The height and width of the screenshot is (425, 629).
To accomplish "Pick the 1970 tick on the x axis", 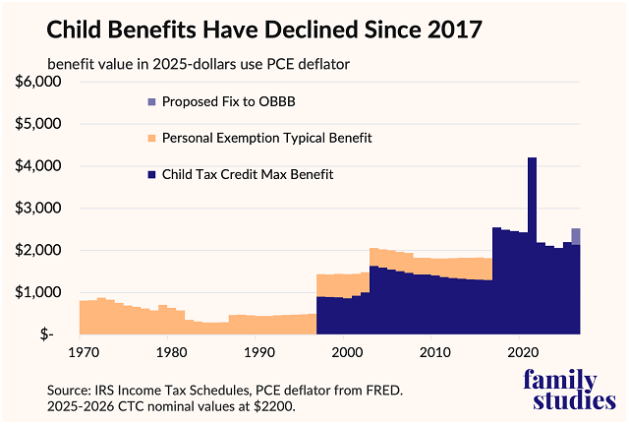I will pos(82,352).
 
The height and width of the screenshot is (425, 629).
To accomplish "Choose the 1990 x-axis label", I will pos(257,352).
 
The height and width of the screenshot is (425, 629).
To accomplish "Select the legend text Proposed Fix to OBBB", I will pos(231,101).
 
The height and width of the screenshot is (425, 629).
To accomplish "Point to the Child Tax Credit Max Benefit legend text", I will pos(248,175).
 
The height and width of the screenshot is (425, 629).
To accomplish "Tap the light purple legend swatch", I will pos(150,101).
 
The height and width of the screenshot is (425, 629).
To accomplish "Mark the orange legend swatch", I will pos(150,138).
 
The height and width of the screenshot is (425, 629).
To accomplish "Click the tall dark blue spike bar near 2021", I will pos(532,246).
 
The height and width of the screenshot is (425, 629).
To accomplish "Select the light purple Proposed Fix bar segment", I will pos(576,236).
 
